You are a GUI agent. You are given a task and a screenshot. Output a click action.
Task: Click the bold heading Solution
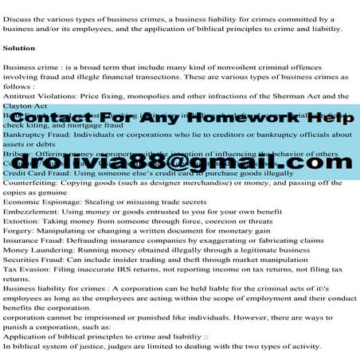[19, 48]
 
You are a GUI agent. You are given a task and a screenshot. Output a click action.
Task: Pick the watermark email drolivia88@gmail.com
[180, 163]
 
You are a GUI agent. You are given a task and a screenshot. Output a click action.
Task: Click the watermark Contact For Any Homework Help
[180, 117]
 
